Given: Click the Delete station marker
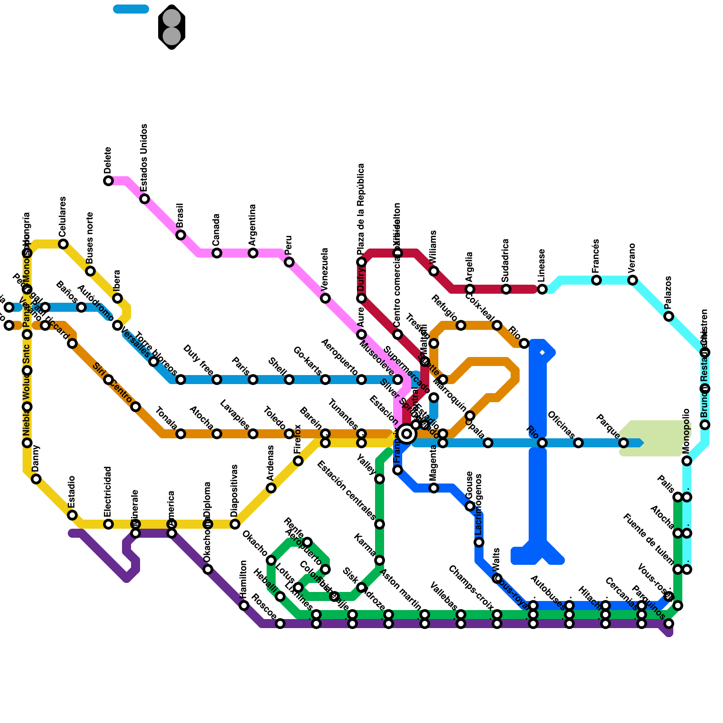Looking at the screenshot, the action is [x=108, y=181].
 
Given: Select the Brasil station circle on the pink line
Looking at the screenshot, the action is [x=181, y=235].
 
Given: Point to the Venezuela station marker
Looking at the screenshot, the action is [x=325, y=298].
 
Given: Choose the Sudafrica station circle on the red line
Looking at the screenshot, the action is [x=506, y=289].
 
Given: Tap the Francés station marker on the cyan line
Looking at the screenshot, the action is [x=596, y=280].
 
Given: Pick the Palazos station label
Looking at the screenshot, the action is [x=668, y=292].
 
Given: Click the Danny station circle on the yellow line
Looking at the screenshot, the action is [x=36, y=479].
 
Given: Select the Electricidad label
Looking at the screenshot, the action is [x=108, y=492].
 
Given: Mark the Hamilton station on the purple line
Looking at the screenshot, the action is [x=244, y=606].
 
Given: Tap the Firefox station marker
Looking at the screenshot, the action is [x=298, y=461].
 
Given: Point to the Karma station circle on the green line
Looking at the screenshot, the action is [x=380, y=560].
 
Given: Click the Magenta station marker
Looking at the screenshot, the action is [x=434, y=488].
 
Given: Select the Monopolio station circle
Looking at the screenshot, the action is [x=687, y=461].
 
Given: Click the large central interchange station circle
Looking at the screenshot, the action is [x=407, y=434].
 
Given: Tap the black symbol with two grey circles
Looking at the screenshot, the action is [x=172, y=27].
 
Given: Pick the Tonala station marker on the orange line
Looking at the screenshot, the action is [x=181, y=434].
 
